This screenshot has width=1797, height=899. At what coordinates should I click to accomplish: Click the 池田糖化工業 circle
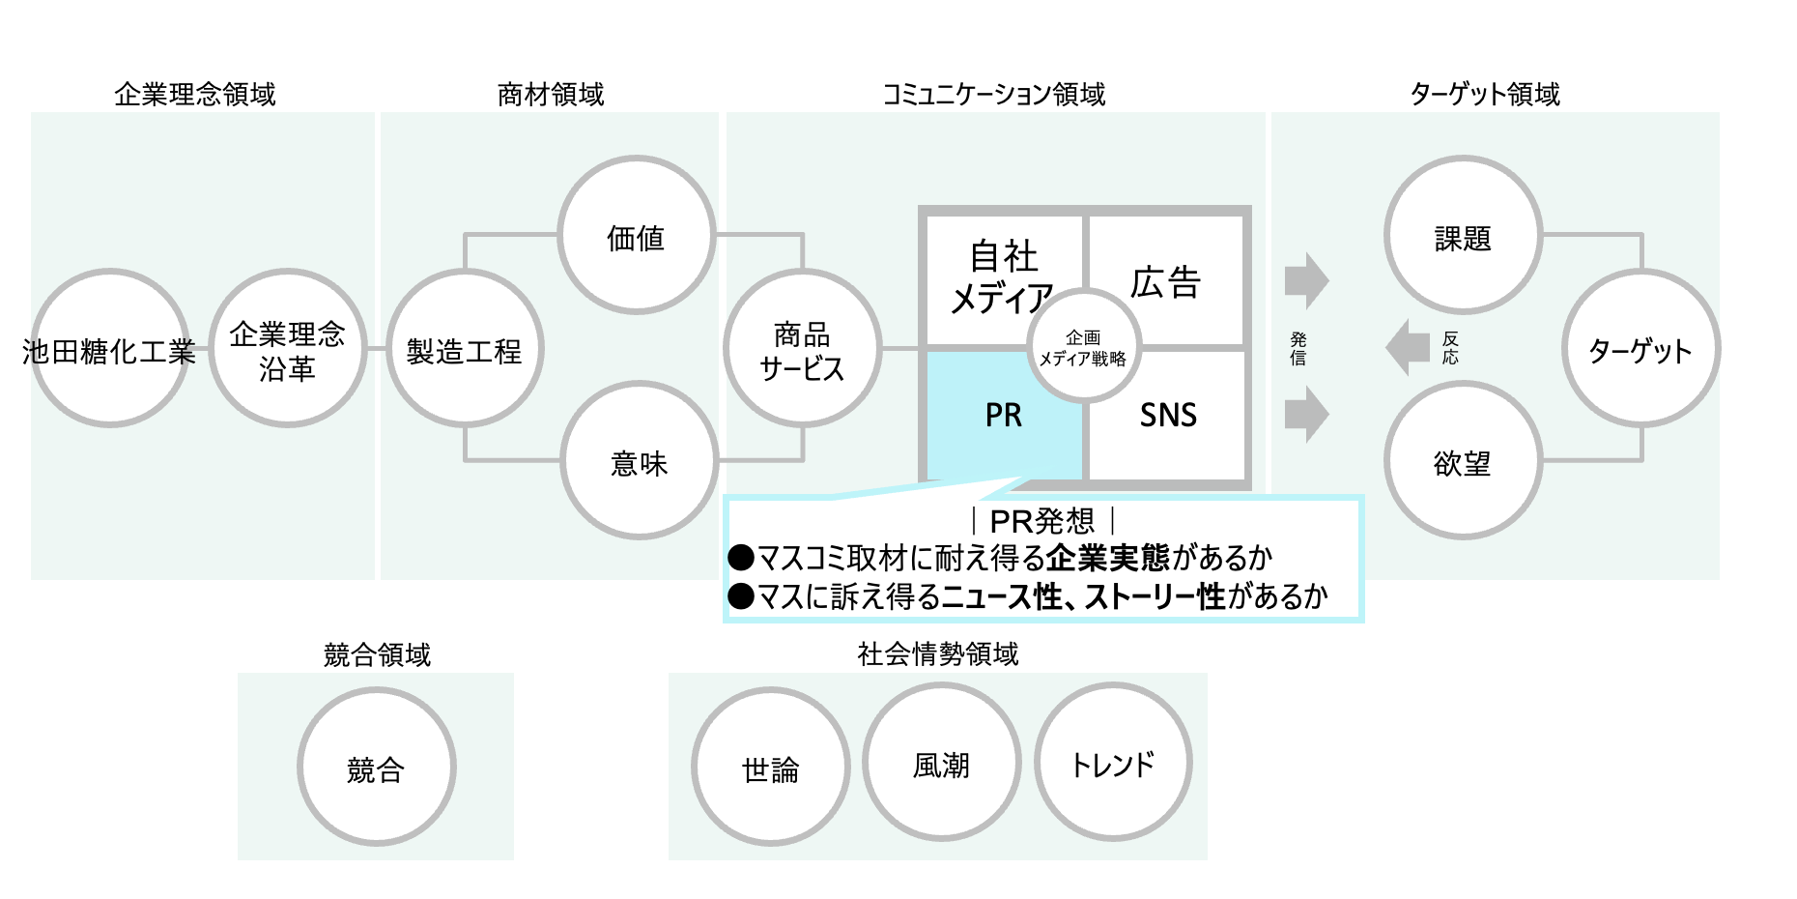(109, 349)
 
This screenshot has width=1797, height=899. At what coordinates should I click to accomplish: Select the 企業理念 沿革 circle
(287, 349)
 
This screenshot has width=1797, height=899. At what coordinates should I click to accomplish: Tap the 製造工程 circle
(465, 349)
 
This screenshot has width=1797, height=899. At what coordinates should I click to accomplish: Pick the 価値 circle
(636, 236)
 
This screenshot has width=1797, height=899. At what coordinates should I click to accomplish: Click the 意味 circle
(639, 461)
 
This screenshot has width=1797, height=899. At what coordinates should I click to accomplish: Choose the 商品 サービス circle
(802, 349)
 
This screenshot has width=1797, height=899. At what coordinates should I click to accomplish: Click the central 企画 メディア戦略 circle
(1084, 347)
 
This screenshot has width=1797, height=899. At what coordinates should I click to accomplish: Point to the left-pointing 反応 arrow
(1409, 347)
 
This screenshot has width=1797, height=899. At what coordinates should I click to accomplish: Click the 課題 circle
(1462, 236)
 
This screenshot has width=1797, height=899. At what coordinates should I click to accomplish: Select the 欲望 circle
(1462, 461)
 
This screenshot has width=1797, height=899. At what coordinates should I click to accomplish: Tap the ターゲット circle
(1640, 349)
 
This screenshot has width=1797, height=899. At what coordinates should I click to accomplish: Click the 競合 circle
(376, 768)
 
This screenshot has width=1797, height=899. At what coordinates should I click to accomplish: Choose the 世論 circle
(770, 768)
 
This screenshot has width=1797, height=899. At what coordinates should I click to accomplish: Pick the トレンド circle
(1113, 763)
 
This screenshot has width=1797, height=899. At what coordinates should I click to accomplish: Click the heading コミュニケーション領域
(993, 94)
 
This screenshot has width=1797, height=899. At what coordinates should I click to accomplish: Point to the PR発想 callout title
(1042, 521)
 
